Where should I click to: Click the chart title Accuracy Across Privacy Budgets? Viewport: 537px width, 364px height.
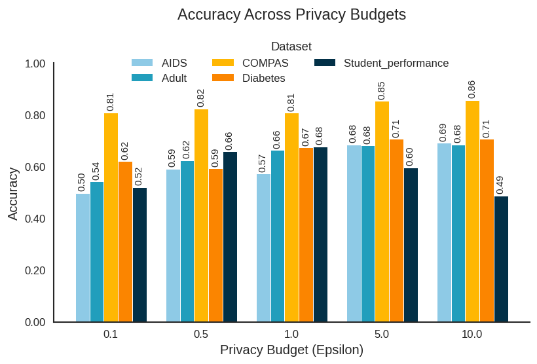(x=291, y=14)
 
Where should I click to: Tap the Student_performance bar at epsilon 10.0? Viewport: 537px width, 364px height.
(x=501, y=259)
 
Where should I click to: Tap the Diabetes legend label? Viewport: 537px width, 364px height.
(x=263, y=78)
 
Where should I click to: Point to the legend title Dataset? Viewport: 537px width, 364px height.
(x=291, y=46)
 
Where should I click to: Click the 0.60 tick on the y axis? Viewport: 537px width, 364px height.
(x=35, y=167)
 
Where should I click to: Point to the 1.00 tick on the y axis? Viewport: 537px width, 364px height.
(x=35, y=64)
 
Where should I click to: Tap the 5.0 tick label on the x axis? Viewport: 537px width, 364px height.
(x=382, y=334)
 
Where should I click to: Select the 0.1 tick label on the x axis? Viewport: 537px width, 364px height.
(x=111, y=334)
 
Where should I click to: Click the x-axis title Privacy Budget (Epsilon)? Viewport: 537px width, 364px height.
(x=291, y=350)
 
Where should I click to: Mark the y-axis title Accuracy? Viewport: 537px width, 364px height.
(x=12, y=193)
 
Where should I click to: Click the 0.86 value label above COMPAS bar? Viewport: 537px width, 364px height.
(x=472, y=89)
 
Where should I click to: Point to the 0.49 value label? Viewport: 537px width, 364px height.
(x=500, y=185)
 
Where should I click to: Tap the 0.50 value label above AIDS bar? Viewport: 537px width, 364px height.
(x=82, y=182)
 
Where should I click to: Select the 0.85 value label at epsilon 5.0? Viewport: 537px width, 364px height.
(x=381, y=90)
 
